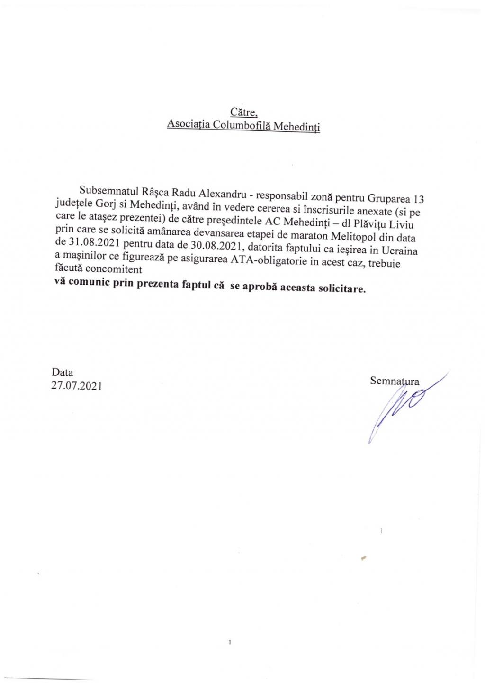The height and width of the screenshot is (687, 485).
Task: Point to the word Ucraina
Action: (399, 251)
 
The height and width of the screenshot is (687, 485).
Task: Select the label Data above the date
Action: (63, 372)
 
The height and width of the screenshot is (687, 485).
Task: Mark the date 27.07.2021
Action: (76, 386)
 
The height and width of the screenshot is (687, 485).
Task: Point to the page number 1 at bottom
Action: (229, 643)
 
